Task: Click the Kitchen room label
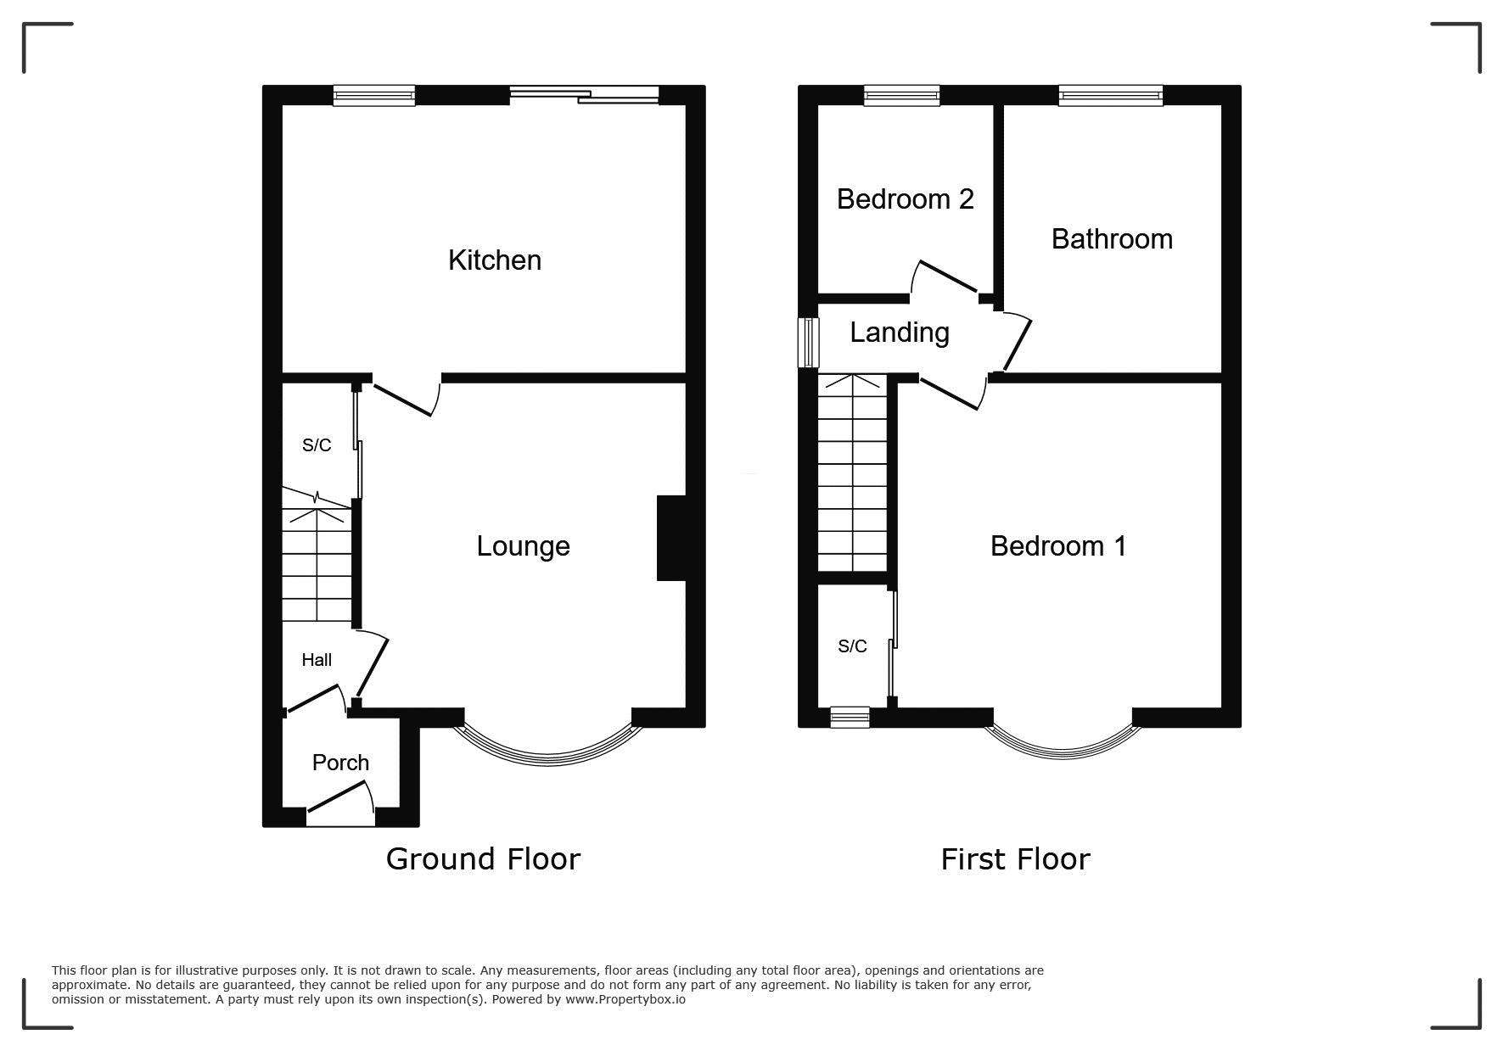point(495,260)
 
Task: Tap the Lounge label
point(523,546)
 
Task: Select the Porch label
point(340,763)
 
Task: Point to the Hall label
point(317,660)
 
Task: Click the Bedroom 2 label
point(906,199)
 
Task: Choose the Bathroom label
point(1112,239)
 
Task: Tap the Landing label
point(900,333)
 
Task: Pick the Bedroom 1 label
point(1058,545)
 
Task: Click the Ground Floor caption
point(483,859)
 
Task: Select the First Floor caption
point(1015,859)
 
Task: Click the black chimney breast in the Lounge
point(671,539)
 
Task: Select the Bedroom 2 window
point(902,95)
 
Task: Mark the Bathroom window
point(1111,95)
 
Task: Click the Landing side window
point(808,343)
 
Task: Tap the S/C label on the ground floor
point(317,445)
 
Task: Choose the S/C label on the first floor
point(852,646)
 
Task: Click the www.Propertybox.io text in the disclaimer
point(625,999)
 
